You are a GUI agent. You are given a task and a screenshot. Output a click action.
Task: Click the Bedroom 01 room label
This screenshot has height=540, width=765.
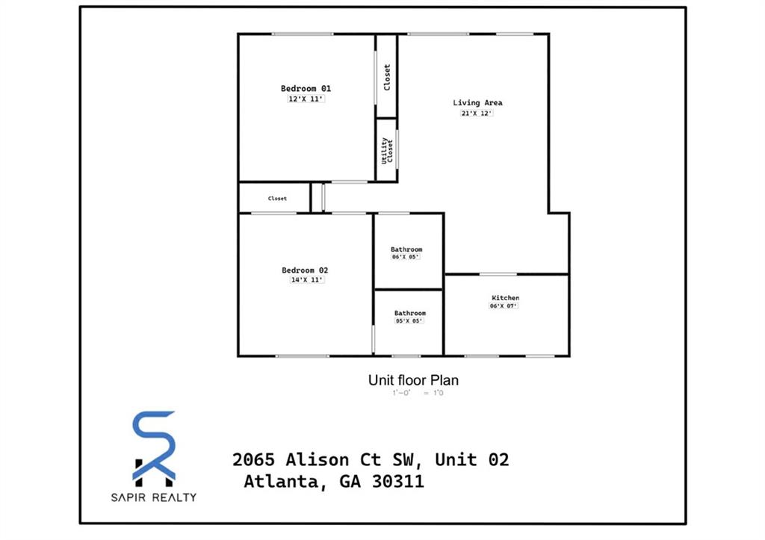point(306,88)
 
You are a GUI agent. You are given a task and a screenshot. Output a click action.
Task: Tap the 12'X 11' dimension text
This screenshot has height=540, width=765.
point(306,99)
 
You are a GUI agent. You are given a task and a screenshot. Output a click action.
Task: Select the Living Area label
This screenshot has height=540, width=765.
point(477,103)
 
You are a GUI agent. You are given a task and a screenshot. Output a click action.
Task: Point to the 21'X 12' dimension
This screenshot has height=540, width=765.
point(477,114)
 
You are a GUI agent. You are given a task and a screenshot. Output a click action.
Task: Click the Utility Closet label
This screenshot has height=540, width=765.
point(387,151)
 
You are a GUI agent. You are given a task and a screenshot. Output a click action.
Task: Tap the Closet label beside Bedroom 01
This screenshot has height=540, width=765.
point(387,77)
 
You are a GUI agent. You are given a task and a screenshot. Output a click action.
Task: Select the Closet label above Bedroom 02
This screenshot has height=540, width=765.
point(277,199)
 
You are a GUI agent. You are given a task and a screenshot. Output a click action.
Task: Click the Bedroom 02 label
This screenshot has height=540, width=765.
point(305,270)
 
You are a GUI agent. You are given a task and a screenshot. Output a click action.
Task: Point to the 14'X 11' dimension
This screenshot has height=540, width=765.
point(306,280)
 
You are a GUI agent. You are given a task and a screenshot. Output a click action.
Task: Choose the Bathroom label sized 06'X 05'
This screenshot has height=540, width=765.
point(406,249)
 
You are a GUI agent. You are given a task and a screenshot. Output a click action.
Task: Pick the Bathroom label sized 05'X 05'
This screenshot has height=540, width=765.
point(409,313)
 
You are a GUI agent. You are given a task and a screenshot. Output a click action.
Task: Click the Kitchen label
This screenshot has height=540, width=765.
point(505,298)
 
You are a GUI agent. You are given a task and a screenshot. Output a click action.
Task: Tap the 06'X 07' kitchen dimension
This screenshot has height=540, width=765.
point(504,306)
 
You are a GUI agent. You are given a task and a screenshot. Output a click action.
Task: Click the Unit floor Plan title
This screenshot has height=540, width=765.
point(413,380)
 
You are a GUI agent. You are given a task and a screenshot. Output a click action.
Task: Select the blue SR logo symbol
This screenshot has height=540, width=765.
point(154,445)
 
